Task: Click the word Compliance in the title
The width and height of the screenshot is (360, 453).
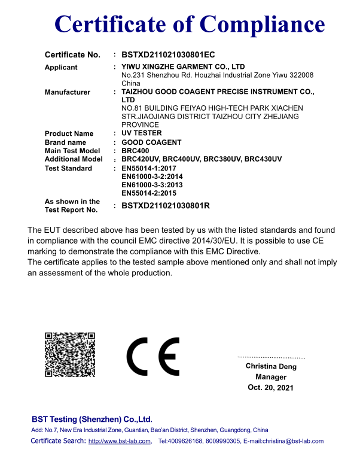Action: (263, 24)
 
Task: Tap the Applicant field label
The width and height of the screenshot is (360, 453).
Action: (61, 68)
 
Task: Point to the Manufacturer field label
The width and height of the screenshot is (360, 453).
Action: (68, 92)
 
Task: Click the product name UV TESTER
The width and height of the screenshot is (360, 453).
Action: (141, 133)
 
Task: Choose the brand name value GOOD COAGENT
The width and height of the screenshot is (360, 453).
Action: (151, 142)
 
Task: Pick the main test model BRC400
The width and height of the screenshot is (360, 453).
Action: (135, 151)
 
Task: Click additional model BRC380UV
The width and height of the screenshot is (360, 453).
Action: (221, 159)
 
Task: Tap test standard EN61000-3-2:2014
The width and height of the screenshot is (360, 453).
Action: (152, 177)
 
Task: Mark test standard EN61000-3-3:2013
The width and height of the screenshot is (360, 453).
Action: (152, 185)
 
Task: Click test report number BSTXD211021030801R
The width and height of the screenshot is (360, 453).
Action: (166, 206)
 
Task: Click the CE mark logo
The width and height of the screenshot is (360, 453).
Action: (152, 356)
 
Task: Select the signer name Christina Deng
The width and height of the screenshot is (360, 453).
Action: (271, 366)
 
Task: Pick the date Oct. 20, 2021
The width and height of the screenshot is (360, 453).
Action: (271, 388)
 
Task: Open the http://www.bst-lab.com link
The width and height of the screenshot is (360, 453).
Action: (120, 442)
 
